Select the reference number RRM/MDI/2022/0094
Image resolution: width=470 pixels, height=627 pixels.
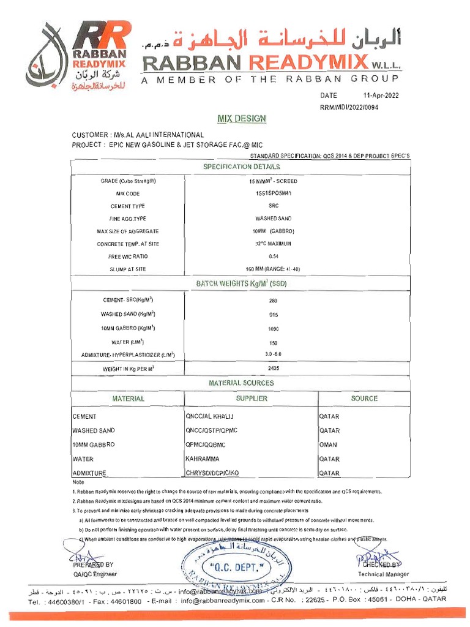click(356, 107)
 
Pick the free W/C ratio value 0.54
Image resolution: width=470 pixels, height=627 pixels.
click(273, 257)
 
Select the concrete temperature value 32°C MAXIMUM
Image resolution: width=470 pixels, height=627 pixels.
click(273, 244)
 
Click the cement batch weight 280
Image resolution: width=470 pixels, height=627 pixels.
click(273, 301)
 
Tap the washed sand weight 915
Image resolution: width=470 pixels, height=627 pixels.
click(273, 315)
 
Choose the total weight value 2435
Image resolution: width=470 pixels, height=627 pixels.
click(273, 368)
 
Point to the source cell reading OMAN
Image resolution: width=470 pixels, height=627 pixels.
click(328, 445)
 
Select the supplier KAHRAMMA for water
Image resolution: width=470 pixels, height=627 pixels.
click(203, 459)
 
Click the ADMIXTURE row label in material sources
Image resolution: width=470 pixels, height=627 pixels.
click(89, 473)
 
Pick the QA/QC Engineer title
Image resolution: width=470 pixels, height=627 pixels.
click(95, 574)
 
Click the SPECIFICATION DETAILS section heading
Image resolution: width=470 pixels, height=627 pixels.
click(242, 167)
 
